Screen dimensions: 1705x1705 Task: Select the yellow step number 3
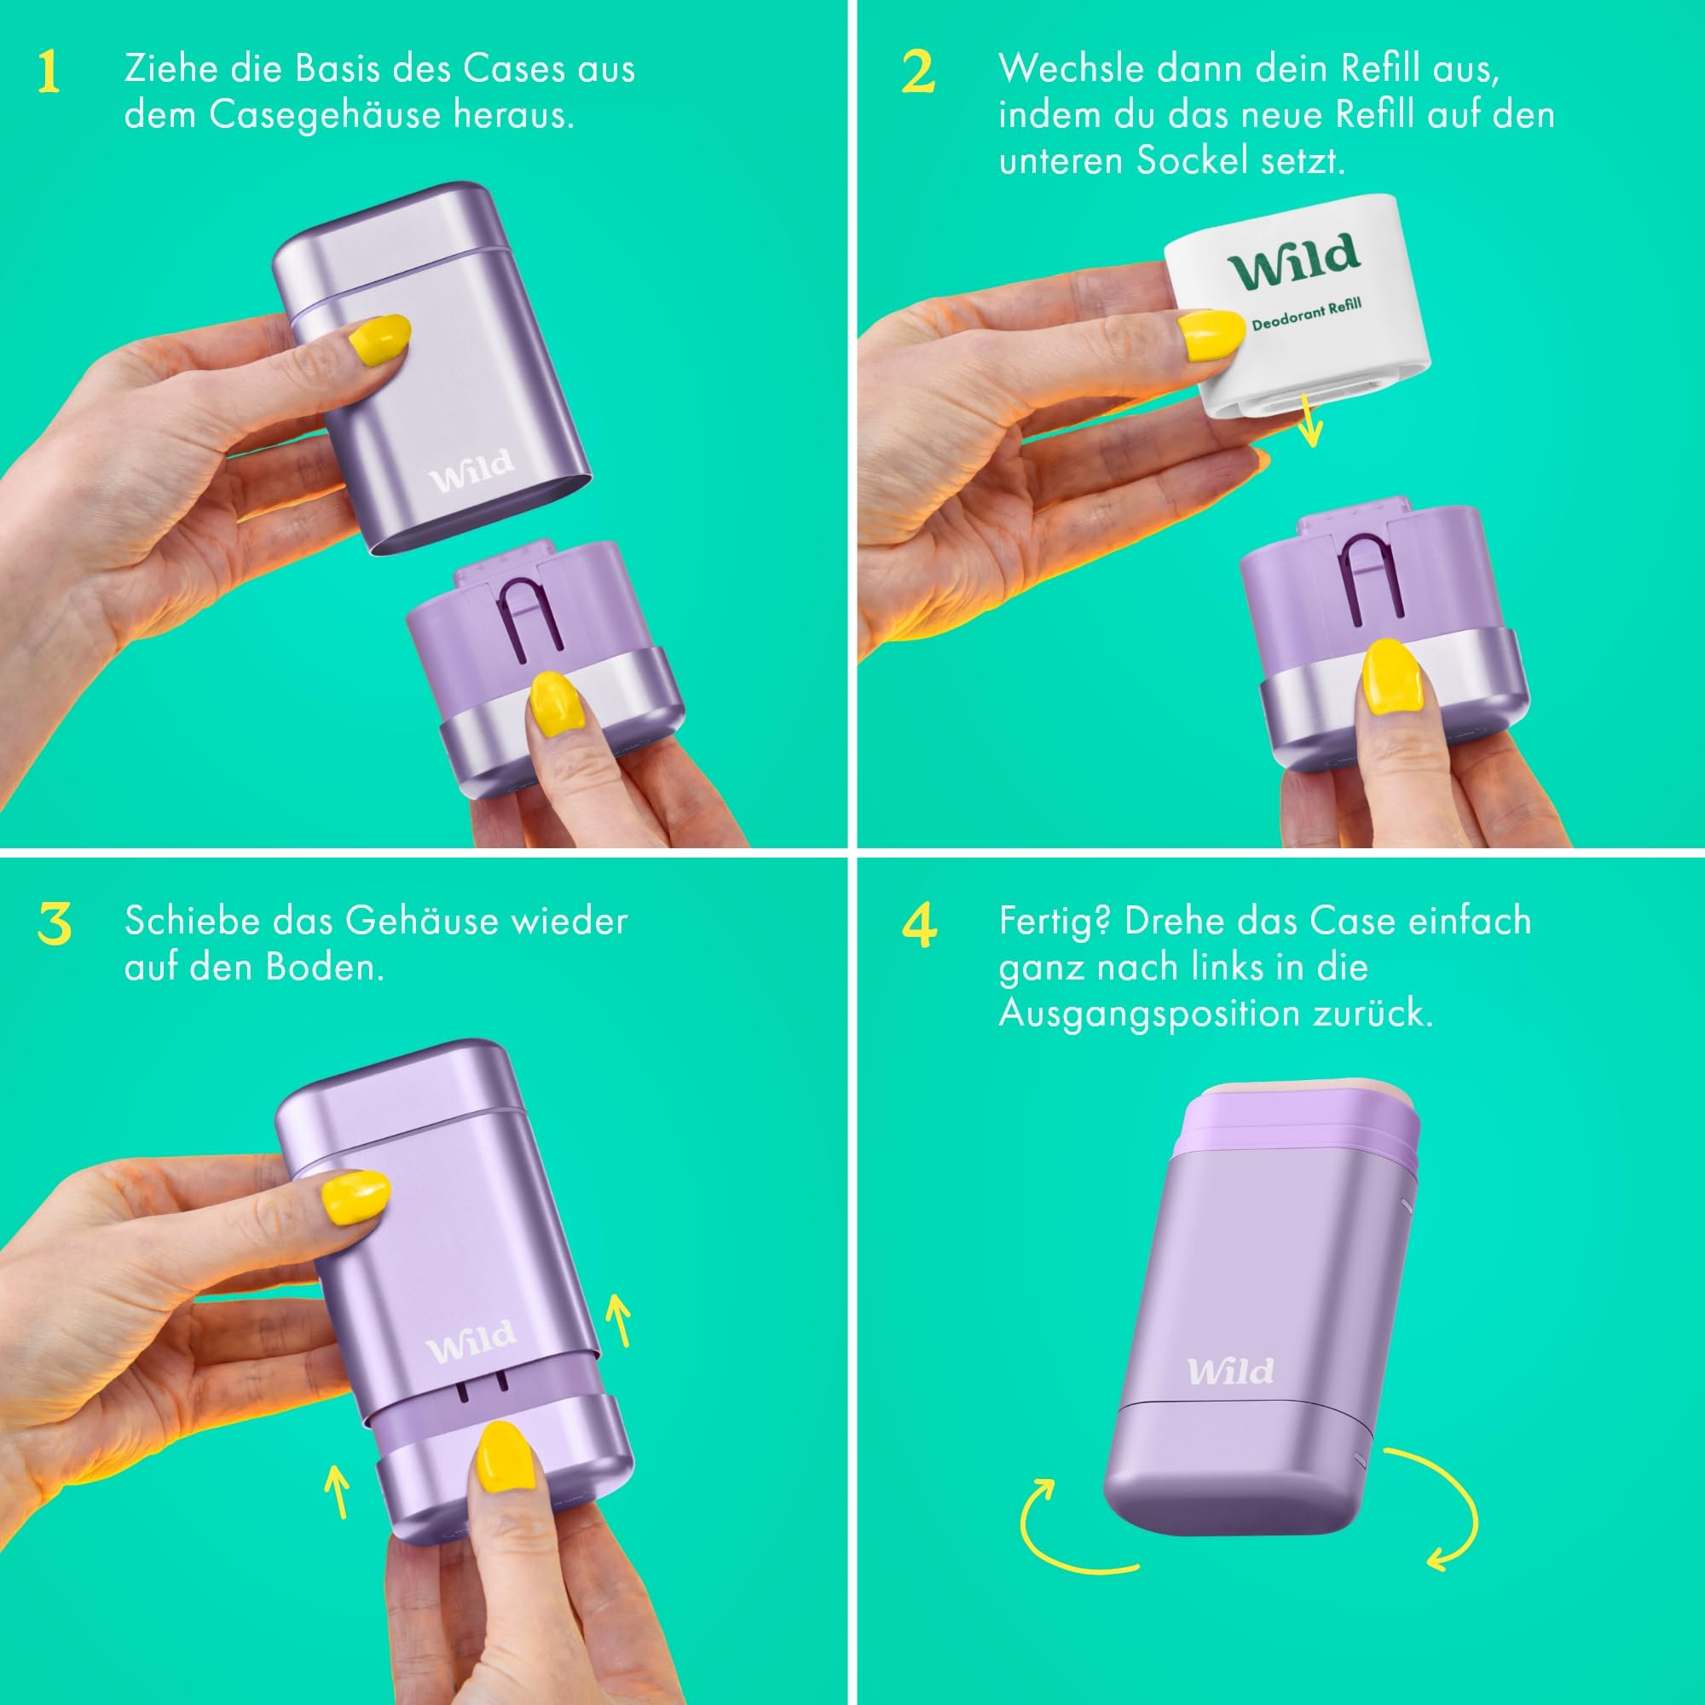(55, 924)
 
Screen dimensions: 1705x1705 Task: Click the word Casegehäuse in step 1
(325, 116)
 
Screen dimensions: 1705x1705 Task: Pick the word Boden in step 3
(325, 968)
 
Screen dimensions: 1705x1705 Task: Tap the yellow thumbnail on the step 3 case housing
(355, 1197)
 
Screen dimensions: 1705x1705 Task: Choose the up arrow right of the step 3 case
(620, 1321)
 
